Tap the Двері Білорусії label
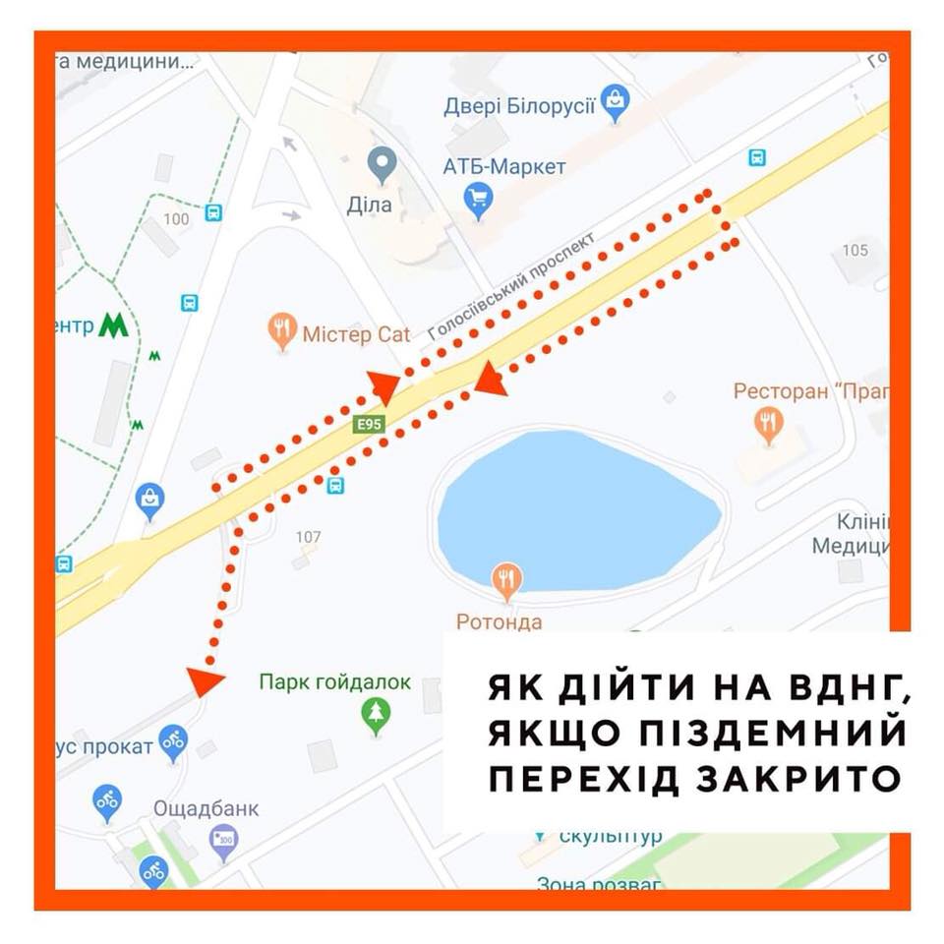520,105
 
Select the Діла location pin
382,164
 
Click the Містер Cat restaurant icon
283,332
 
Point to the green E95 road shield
370,423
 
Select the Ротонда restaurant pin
507,581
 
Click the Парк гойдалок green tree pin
376,716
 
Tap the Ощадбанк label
206,808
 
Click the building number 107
309,537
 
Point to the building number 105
855,250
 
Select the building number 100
177,218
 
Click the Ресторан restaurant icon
768,425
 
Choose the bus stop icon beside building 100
213,212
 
